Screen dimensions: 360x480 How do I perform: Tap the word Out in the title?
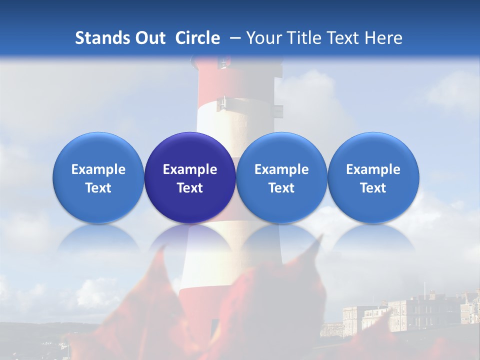(x=149, y=38)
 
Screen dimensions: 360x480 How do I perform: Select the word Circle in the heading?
(x=197, y=38)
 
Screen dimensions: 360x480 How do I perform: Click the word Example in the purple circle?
(x=190, y=169)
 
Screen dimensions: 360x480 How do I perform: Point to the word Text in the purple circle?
(x=190, y=188)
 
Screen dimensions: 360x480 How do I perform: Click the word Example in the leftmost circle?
(x=98, y=169)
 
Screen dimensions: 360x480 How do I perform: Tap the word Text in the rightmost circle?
(x=373, y=188)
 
